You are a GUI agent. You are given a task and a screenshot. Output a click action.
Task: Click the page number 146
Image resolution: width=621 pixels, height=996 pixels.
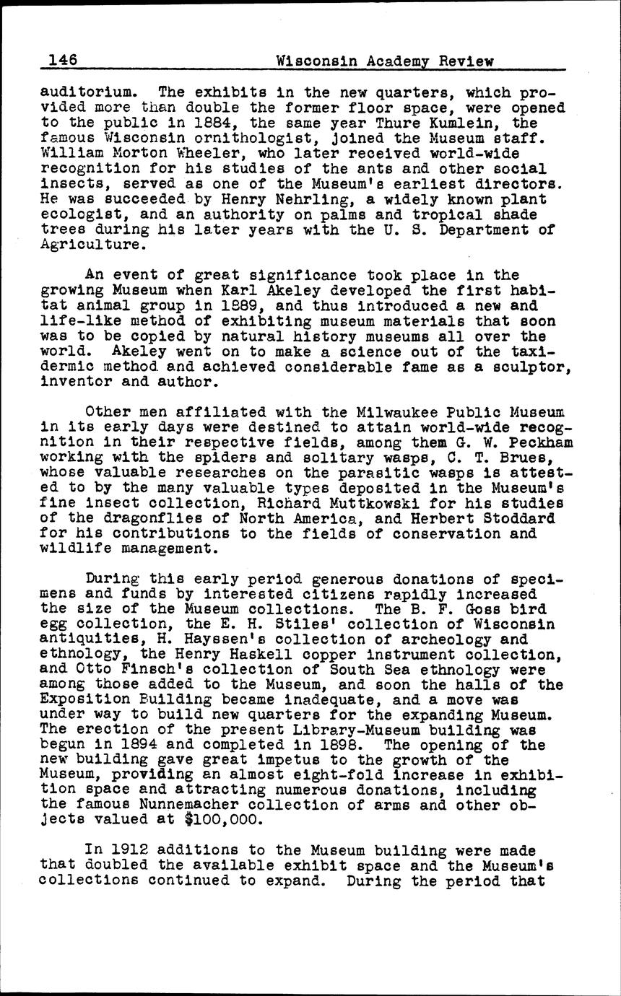(64, 60)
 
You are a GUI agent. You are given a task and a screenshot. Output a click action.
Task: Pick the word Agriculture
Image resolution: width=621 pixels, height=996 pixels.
(92, 245)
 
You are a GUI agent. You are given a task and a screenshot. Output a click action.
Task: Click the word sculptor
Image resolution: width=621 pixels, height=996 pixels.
(533, 366)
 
